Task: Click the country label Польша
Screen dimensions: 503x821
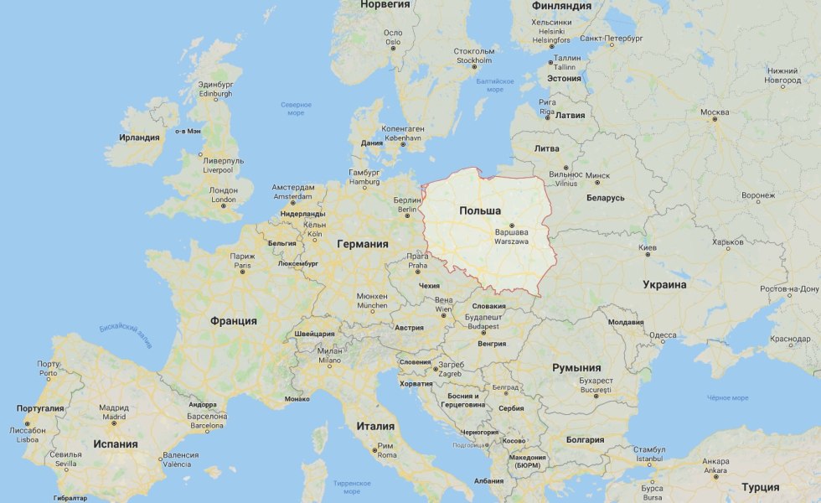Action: pos(480,210)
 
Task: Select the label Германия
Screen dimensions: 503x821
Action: pos(362,244)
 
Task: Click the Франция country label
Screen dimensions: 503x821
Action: pos(234,320)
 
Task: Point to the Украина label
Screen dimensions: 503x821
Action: pos(664,284)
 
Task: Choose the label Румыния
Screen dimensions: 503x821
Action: pos(576,367)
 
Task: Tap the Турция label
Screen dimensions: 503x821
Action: pos(760,487)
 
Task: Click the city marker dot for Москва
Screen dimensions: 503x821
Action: pos(715,119)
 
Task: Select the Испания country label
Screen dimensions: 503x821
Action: pos(116,443)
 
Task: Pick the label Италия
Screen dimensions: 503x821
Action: pos(375,425)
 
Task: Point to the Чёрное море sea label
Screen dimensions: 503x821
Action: pos(727,397)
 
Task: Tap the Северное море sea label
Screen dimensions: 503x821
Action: pos(296,108)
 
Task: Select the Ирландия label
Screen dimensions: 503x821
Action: pos(139,137)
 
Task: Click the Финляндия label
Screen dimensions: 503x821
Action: pos(561,6)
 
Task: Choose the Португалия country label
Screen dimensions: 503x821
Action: pos(40,408)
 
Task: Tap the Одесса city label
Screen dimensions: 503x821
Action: pos(662,335)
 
